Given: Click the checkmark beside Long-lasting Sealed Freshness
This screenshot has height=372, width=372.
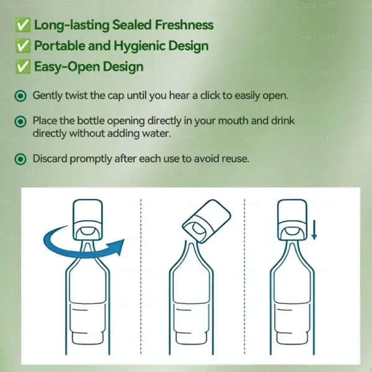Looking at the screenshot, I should click(22, 25).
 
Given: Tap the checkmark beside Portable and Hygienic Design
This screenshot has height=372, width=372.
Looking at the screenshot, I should click(22, 46).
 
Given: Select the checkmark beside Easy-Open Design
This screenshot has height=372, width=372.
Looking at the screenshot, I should click(22, 66).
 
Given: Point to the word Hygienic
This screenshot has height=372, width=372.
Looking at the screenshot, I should click(134, 46).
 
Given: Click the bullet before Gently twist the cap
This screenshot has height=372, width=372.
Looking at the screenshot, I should click(21, 96).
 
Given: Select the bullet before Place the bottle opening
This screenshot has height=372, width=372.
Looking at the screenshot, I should click(21, 122).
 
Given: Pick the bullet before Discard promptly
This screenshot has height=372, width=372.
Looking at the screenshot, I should click(21, 159).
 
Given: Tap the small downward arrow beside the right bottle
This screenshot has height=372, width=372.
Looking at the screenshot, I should click(314, 230).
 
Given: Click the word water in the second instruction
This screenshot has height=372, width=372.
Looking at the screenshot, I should click(153, 133).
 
